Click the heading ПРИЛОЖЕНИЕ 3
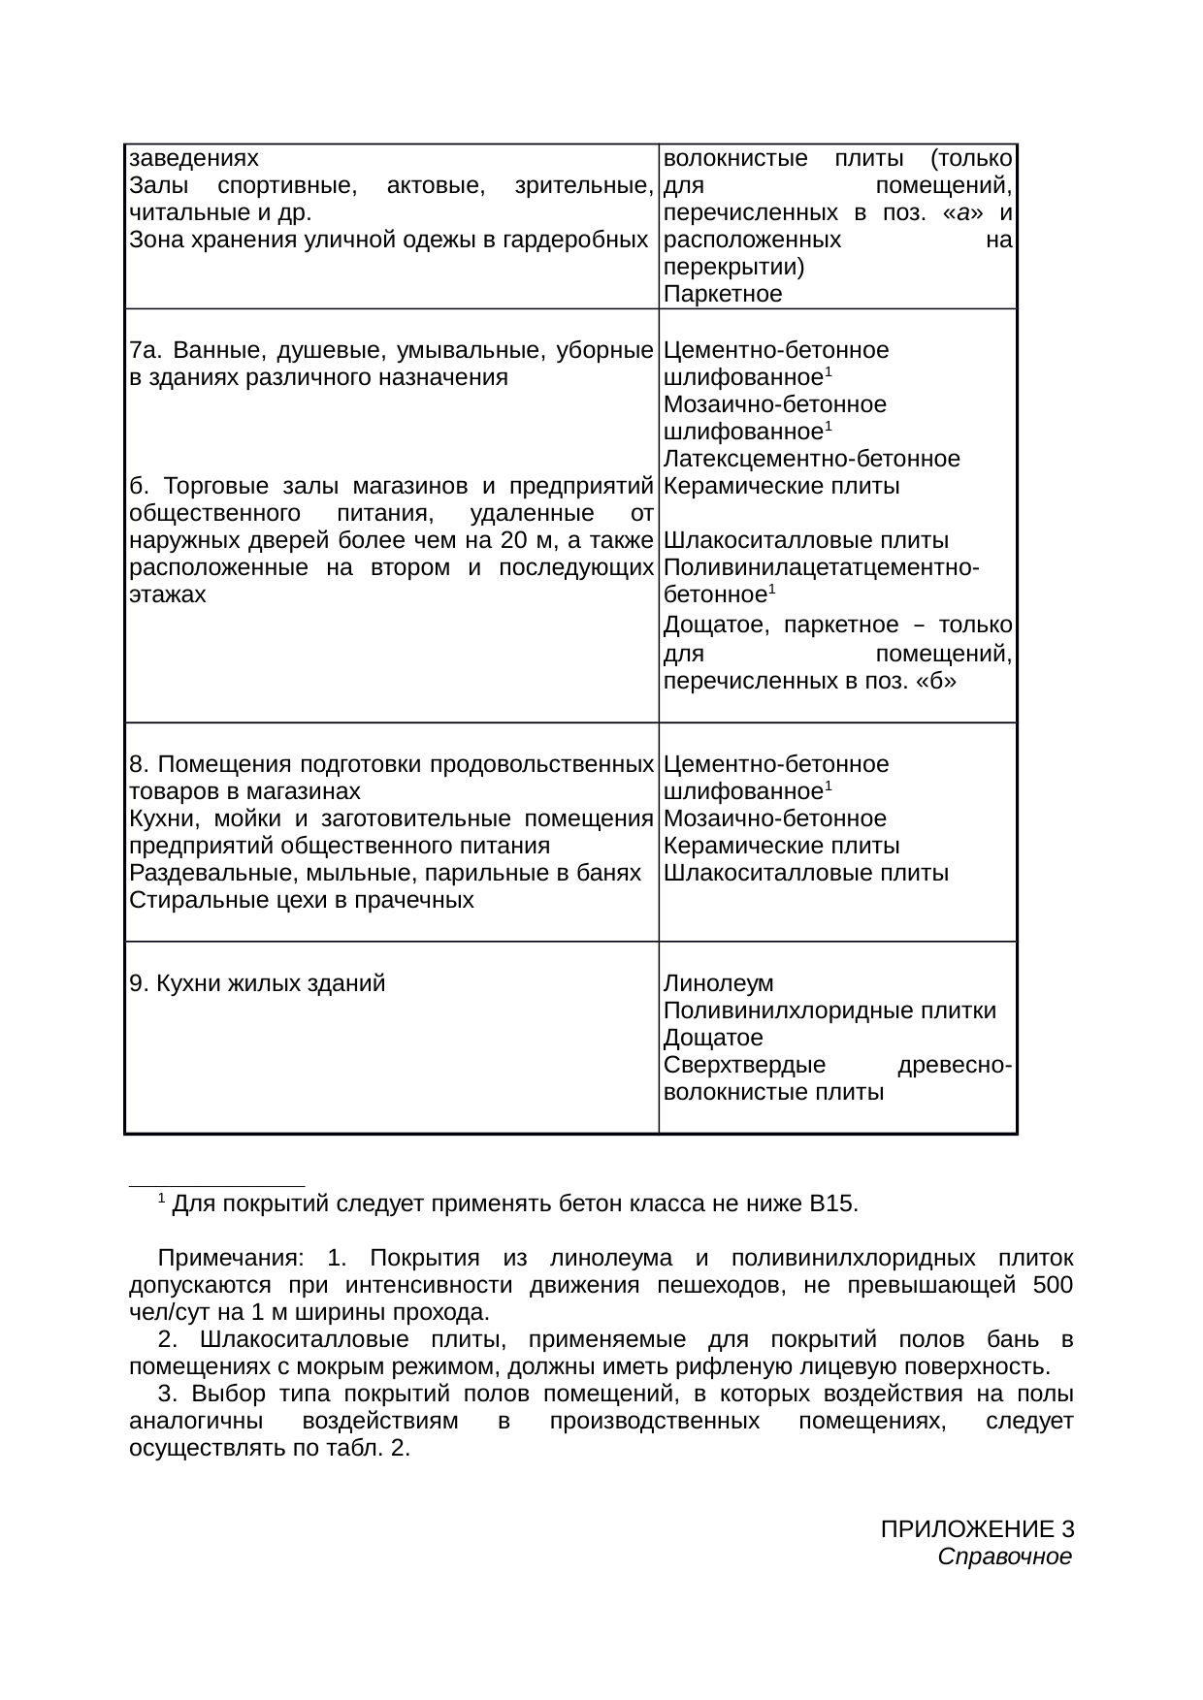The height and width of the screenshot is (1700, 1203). [976, 1530]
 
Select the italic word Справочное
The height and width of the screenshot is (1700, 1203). [1005, 1557]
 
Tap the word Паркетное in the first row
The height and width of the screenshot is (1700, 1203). [723, 295]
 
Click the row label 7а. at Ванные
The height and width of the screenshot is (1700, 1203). [139, 349]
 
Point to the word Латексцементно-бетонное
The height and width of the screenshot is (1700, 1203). [812, 459]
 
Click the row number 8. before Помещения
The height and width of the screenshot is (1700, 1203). [137, 764]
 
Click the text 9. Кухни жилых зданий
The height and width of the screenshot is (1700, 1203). [257, 984]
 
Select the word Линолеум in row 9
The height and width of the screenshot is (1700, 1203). [719, 984]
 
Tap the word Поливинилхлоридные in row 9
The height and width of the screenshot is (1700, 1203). [773, 1011]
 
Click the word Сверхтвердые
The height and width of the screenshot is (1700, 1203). [744, 1066]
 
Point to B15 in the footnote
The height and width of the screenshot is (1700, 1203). [831, 1204]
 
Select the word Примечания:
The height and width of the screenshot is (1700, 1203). [230, 1259]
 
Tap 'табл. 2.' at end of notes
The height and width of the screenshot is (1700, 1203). [379, 1449]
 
